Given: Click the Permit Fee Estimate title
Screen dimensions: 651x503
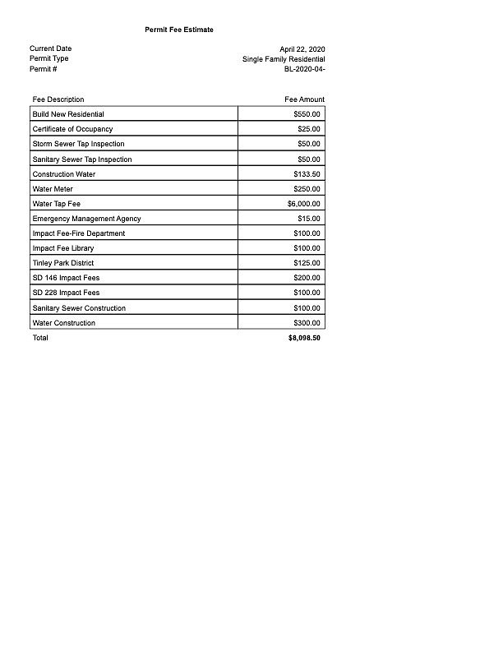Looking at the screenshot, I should pyautogui.click(x=178, y=30).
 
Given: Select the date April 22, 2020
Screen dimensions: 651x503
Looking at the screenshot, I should pyautogui.click(x=302, y=49).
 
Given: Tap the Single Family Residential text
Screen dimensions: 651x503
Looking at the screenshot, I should pyautogui.click(x=284, y=59).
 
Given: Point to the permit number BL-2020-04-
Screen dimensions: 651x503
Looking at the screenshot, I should pyautogui.click(x=304, y=69).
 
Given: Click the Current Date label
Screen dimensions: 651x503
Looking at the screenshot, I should pyautogui.click(x=50, y=48).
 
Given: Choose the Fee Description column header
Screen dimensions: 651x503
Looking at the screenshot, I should pyautogui.click(x=58, y=99).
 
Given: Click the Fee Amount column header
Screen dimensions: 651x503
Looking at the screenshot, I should pyautogui.click(x=304, y=99).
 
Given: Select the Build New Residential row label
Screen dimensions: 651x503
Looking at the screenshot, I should pyautogui.click(x=68, y=114).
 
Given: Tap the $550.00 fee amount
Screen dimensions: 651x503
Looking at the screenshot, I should pyautogui.click(x=307, y=114).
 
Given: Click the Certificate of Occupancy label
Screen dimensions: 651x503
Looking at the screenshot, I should pyautogui.click(x=72, y=129).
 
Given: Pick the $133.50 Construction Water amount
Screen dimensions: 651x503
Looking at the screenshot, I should pyautogui.click(x=307, y=174).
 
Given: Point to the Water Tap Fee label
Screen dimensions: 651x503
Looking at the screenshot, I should pyautogui.click(x=56, y=204).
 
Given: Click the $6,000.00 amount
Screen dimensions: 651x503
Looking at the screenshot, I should pyautogui.click(x=304, y=204).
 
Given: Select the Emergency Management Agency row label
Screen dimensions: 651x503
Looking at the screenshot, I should pyautogui.click(x=86, y=219).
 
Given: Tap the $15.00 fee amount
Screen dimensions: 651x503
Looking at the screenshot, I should pyautogui.click(x=309, y=219).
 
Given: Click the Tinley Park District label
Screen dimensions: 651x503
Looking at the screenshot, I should pyautogui.click(x=63, y=263).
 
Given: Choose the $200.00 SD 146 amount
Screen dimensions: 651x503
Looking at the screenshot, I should pyautogui.click(x=307, y=278).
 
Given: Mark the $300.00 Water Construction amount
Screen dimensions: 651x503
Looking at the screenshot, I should pyautogui.click(x=307, y=323).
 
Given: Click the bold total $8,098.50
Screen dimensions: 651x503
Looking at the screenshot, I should pyautogui.click(x=304, y=338).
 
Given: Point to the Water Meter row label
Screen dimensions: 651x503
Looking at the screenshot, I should pyautogui.click(x=53, y=189).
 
